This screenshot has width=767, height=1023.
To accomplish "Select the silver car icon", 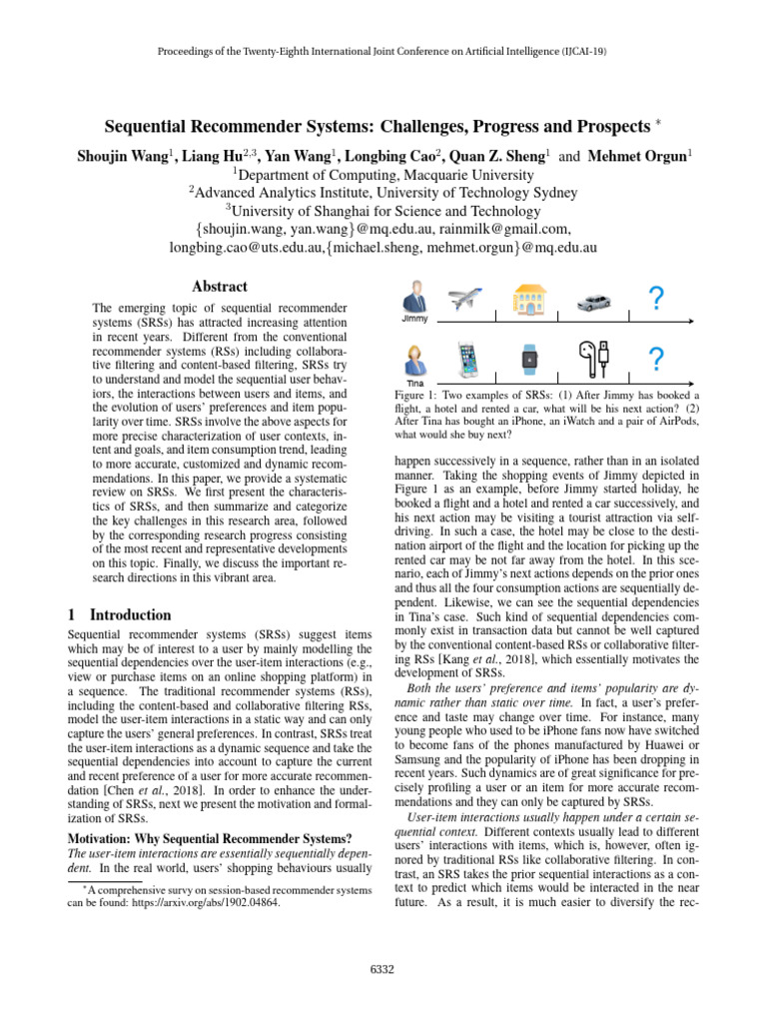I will [x=593, y=301].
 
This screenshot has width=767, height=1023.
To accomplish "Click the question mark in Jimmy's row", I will [x=655, y=298].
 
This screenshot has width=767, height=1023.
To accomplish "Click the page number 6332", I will [x=383, y=969].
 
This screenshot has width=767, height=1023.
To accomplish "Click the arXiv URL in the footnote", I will [x=211, y=904].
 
